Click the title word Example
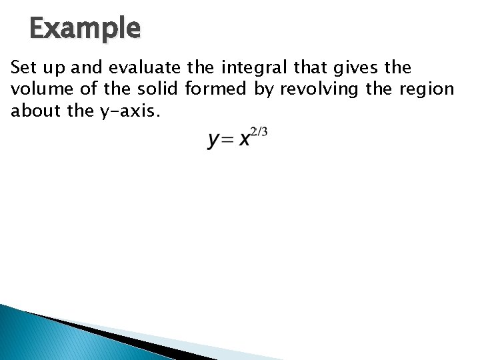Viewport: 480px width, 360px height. (85, 29)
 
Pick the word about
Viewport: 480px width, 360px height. (32, 111)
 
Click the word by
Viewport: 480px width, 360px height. (267, 89)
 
